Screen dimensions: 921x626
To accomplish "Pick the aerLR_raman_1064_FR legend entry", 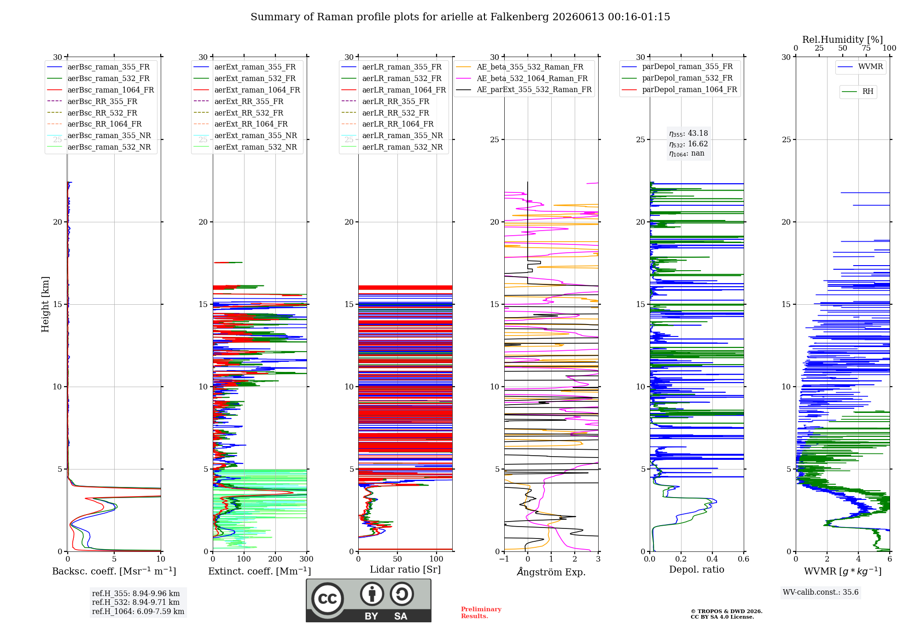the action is click(393, 90).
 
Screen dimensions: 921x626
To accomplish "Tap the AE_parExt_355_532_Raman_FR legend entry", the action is click(524, 90).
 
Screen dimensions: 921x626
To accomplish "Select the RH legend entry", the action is click(857, 92).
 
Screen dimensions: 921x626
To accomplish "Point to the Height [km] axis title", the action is click(45, 304).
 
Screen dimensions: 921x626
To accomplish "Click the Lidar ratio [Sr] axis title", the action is click(405, 569).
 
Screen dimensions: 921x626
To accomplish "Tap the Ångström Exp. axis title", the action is click(551, 572).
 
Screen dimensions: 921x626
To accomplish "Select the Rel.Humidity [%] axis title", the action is click(843, 40).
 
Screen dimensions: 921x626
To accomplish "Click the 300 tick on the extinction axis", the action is click(307, 559).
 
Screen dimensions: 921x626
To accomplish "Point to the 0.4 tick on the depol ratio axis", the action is click(712, 559).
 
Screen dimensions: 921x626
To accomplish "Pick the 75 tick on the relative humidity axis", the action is click(866, 48).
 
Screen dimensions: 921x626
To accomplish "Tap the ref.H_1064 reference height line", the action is click(138, 612).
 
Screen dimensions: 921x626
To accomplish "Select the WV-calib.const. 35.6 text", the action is click(821, 592).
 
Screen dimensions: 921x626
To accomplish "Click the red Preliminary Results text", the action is click(481, 613).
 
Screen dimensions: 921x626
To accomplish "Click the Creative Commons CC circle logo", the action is click(327, 598).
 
